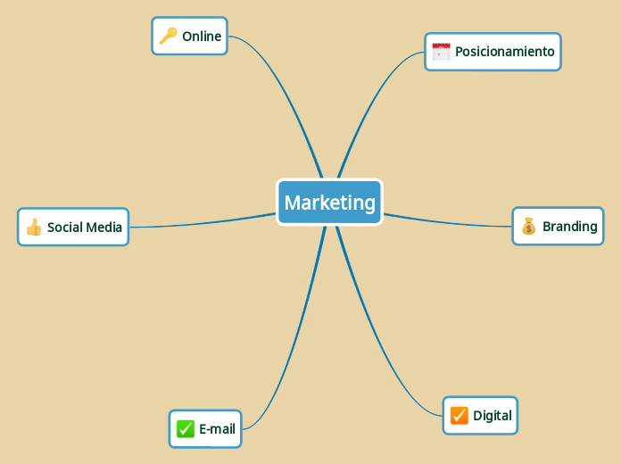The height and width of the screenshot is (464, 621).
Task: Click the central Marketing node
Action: (329, 203)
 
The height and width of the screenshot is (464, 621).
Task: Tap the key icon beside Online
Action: (168, 36)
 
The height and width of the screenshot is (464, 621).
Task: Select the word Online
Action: (202, 37)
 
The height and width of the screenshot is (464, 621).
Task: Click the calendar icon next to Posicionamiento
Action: (441, 52)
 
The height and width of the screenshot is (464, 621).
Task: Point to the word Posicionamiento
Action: (504, 52)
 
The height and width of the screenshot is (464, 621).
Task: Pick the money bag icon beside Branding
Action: (528, 227)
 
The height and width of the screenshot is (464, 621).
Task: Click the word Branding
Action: (569, 227)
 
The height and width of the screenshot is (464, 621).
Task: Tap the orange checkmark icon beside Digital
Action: (459, 416)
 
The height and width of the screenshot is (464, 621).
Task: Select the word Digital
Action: (492, 416)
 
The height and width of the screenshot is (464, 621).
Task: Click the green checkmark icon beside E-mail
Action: (185, 429)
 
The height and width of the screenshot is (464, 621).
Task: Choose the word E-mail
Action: (217, 429)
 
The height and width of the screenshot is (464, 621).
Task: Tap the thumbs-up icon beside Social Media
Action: (34, 228)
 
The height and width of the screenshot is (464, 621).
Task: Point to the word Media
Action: (104, 228)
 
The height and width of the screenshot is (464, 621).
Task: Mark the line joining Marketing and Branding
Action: (446, 222)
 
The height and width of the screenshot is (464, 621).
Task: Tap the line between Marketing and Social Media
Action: (205, 224)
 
